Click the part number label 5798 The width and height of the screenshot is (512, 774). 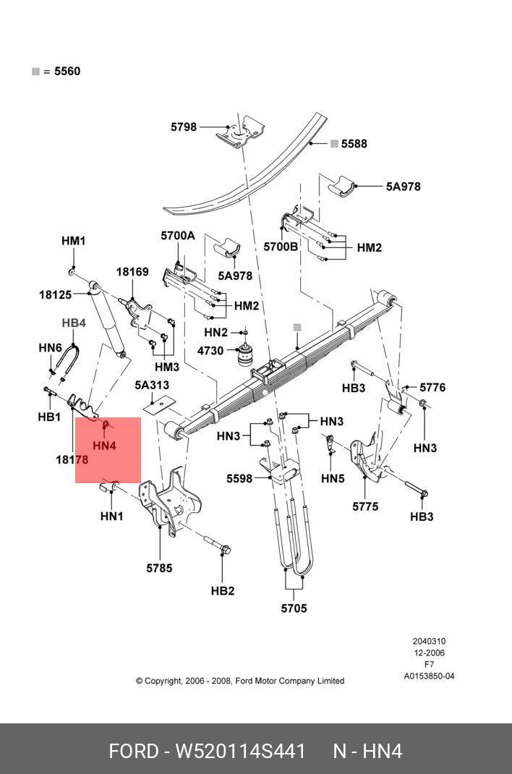[x=184, y=127]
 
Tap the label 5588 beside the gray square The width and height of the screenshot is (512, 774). [x=354, y=144]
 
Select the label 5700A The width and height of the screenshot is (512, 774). [x=178, y=236]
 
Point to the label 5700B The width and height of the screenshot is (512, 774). [x=281, y=247]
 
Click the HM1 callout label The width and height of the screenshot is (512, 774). [x=73, y=241]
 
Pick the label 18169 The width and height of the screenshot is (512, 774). [x=132, y=272]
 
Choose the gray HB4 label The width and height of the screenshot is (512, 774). [x=74, y=323]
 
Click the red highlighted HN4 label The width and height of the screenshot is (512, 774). [x=104, y=446]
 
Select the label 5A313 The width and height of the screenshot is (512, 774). [x=152, y=385]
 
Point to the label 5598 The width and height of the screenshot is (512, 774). [x=239, y=478]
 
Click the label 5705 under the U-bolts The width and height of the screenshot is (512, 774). [x=294, y=608]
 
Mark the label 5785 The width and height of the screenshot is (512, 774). [x=159, y=568]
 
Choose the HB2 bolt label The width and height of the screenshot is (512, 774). [x=223, y=591]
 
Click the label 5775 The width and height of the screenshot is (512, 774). [x=365, y=506]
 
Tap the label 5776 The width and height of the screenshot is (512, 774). [x=432, y=388]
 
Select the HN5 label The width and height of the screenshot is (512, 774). [x=333, y=478]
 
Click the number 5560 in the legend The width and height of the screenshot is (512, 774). [x=67, y=72]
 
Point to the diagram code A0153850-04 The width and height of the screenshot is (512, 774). [x=429, y=676]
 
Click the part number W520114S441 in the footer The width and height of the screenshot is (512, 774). [x=241, y=751]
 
